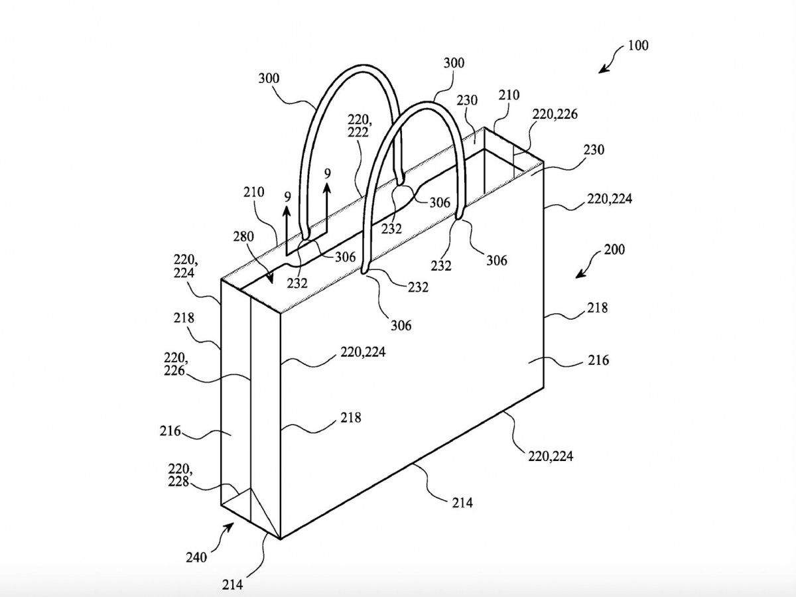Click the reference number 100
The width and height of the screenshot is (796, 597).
[637, 46]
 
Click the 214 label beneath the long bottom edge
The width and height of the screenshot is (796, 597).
[462, 503]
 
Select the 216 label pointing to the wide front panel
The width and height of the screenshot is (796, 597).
[598, 360]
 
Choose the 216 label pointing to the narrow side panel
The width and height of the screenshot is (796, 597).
[169, 432]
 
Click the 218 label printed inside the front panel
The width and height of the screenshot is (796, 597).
[352, 418]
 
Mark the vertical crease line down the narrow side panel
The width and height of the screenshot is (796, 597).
[249, 411]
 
